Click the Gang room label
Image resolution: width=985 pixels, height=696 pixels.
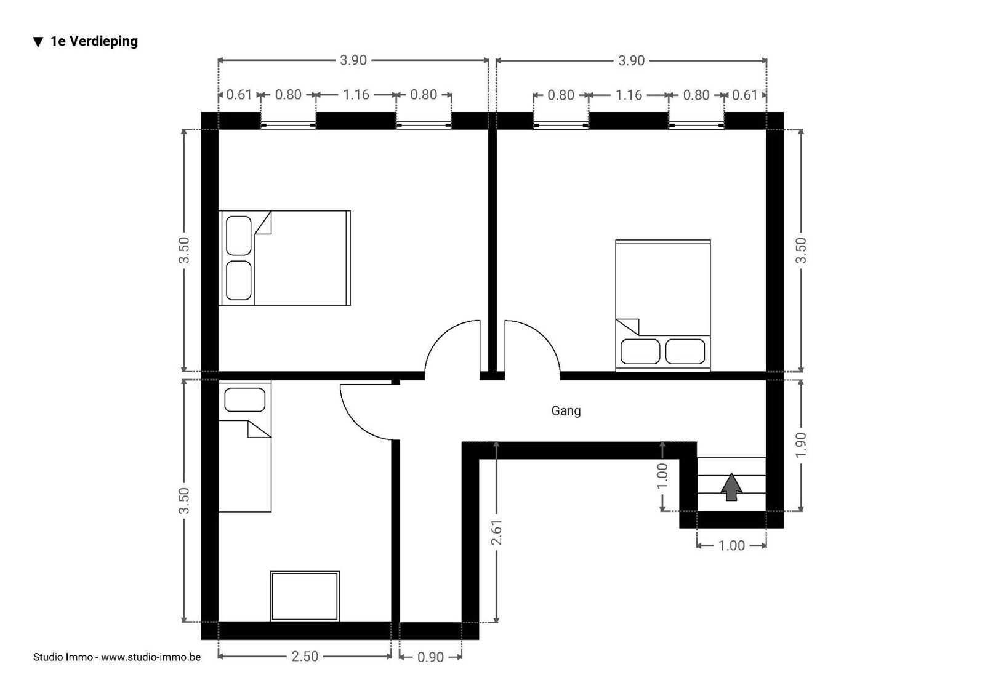coord(566,411)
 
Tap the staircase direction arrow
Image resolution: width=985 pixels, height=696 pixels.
coord(731,487)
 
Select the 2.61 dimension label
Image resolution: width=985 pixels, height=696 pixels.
coord(496,532)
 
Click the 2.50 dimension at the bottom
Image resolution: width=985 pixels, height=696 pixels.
coord(305,657)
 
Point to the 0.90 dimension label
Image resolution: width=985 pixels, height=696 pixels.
coord(430,657)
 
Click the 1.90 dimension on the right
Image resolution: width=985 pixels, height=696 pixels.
coord(801,445)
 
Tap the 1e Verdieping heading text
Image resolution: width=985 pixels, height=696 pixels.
coord(94,41)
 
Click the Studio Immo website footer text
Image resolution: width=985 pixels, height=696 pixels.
coord(117,657)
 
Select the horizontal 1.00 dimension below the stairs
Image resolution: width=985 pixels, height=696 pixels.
coord(732,546)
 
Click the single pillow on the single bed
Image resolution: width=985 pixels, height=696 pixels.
coord(245,399)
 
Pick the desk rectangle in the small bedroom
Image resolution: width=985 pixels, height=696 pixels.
coord(305,596)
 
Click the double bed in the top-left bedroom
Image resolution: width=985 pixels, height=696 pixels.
coord(284,258)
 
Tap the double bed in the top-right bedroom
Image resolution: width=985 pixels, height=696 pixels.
coord(662,306)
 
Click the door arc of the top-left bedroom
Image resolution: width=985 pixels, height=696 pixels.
coord(441,337)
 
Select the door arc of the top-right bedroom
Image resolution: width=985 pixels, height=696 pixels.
coord(544,337)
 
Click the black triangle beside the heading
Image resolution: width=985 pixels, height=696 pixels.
coord(38,42)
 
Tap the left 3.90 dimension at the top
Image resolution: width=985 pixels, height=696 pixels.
coord(353,60)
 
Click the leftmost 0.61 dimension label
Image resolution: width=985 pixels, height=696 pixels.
coord(239,95)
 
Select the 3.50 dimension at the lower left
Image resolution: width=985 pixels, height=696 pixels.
coord(184,501)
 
